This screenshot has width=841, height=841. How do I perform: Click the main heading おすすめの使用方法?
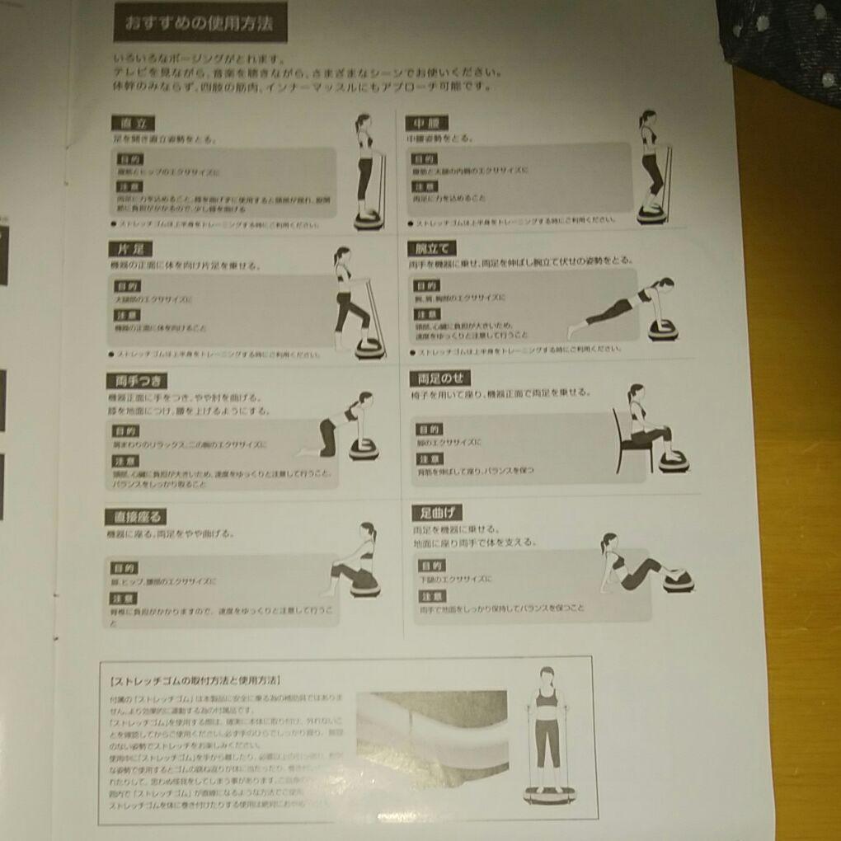pyautogui.click(x=200, y=24)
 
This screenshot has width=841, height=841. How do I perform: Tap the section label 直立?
pyautogui.click(x=133, y=124)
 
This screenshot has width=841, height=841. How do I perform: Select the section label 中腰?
pyautogui.click(x=426, y=123)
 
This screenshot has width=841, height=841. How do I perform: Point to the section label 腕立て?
pyautogui.click(x=431, y=247)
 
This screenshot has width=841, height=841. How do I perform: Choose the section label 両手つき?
pyautogui.click(x=137, y=381)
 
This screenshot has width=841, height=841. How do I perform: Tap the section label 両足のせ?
pyautogui.click(x=439, y=378)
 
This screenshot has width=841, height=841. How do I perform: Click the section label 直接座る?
pyautogui.click(x=136, y=517)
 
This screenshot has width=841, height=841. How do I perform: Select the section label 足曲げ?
pyautogui.click(x=436, y=513)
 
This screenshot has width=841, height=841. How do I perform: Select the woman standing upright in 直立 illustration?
pyautogui.click(x=365, y=165)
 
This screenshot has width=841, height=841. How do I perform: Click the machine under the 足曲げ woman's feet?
pyautogui.click(x=678, y=581)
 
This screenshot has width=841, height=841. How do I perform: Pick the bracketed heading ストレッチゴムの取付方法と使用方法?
pyautogui.click(x=195, y=681)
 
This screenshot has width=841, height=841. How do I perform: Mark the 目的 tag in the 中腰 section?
pyautogui.click(x=425, y=158)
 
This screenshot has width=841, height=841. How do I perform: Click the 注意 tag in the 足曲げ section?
pyautogui.click(x=432, y=596)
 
